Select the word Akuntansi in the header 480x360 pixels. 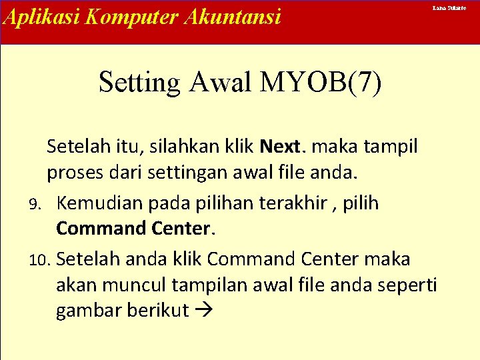click(x=228, y=17)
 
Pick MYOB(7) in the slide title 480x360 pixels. click(x=322, y=83)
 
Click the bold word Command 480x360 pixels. click(x=97, y=229)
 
